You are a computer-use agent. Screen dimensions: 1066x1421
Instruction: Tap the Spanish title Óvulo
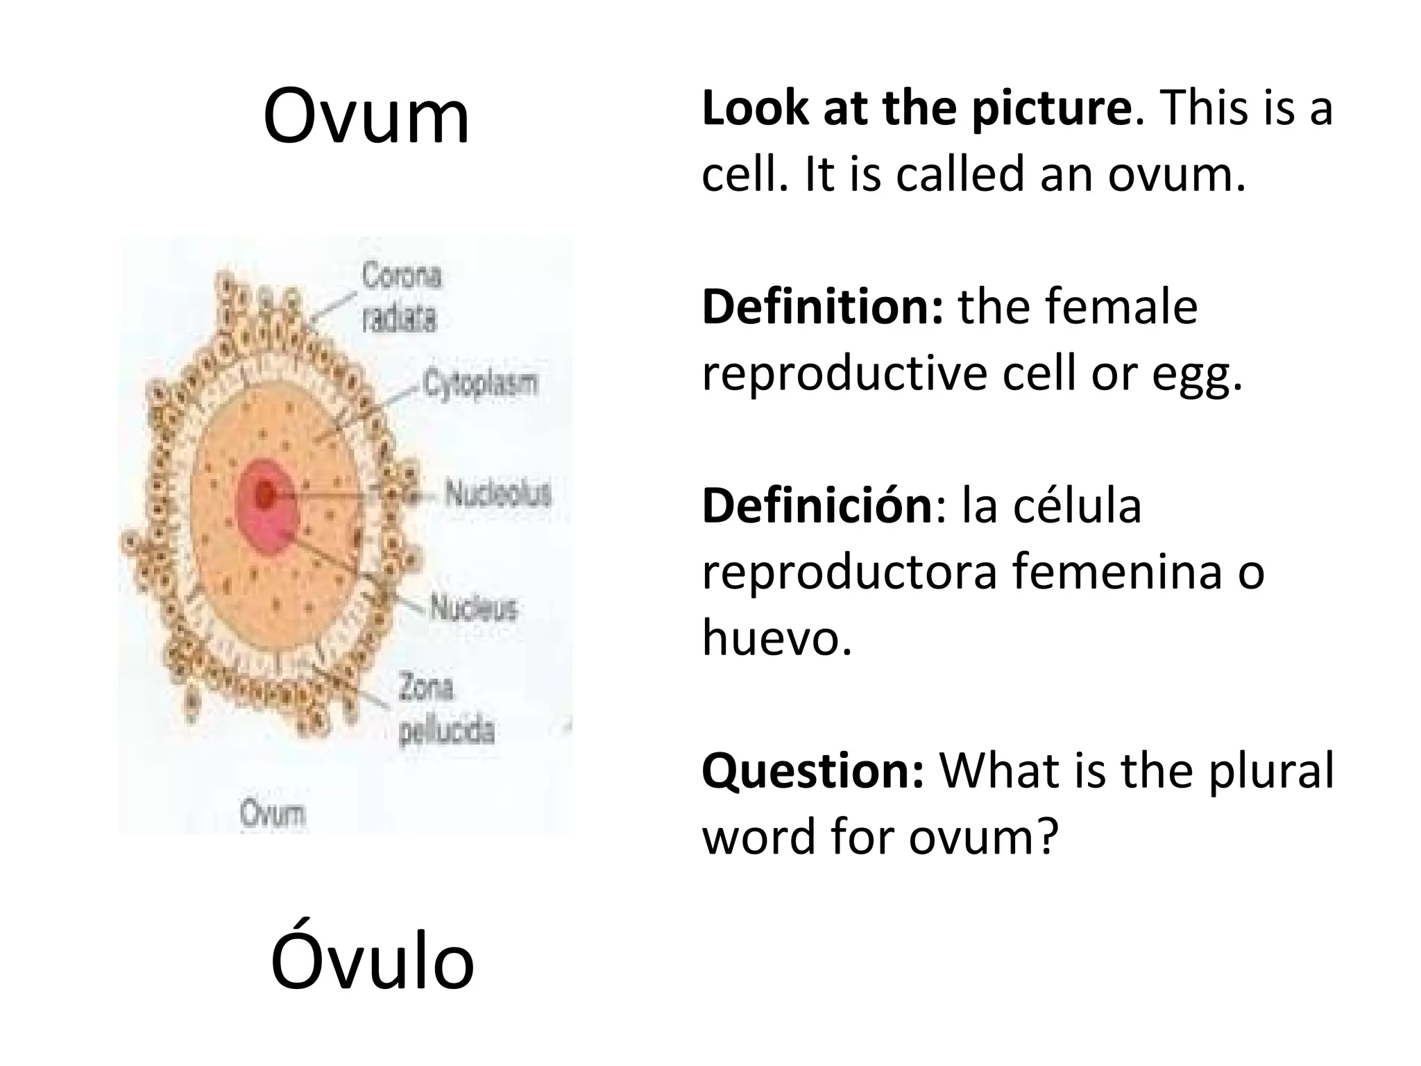pyautogui.click(x=372, y=961)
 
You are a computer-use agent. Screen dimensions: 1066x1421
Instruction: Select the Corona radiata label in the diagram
pyautogui.click(x=401, y=298)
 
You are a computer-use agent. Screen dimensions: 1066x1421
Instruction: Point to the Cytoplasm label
pyautogui.click(x=481, y=384)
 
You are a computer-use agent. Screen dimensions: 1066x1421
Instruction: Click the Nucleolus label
pyautogui.click(x=498, y=493)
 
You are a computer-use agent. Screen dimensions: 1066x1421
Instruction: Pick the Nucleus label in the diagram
pyautogui.click(x=474, y=608)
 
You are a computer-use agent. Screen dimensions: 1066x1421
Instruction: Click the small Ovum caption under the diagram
pyautogui.click(x=273, y=813)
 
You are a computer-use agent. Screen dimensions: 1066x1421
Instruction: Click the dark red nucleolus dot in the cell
pyautogui.click(x=264, y=494)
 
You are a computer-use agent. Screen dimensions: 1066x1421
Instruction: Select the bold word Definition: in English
pyautogui.click(x=822, y=307)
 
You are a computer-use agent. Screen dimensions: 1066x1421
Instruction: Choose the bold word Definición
pyautogui.click(x=817, y=506)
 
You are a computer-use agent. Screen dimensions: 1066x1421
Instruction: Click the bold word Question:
pyautogui.click(x=812, y=771)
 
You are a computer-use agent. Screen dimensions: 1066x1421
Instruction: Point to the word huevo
pyautogui.click(x=776, y=636)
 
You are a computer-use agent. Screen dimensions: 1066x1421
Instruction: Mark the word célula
pyautogui.click(x=1078, y=506)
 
